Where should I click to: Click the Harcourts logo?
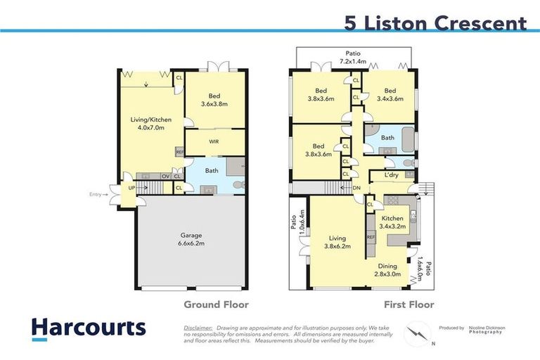[89, 328]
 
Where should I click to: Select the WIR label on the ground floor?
[215, 141]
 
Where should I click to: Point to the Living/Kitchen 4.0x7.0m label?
[146, 124]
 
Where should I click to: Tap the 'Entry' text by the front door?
[96, 195]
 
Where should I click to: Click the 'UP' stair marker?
[131, 188]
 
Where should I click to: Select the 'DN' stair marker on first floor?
[356, 188]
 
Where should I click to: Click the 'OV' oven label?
[166, 176]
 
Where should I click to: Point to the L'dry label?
[392, 175]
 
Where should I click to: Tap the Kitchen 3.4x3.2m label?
[392, 223]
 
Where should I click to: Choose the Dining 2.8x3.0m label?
[387, 270]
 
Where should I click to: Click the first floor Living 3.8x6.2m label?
[336, 242]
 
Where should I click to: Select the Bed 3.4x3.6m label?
[390, 94]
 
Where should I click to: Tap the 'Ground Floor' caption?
[216, 305]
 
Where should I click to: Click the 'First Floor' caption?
[409, 305]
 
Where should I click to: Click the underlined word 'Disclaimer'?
[198, 328]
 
